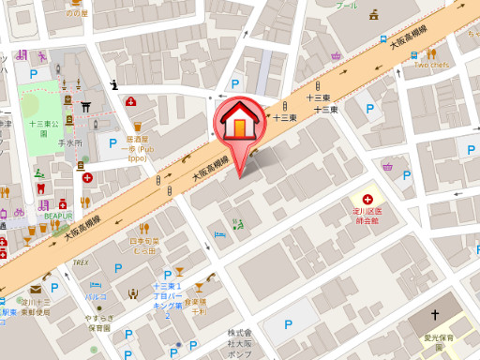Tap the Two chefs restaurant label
pyautogui.click(x=433, y=66)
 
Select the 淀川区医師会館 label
pyautogui.click(x=367, y=217)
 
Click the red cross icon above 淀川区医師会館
pyautogui.click(x=367, y=200)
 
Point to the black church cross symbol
pyautogui.click(x=435, y=315)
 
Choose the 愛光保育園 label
pyautogui.click(x=435, y=337)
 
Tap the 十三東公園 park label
pyautogui.click(x=43, y=127)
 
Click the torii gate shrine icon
pyautogui.click(x=84, y=105)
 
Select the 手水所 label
pyautogui.click(x=70, y=142)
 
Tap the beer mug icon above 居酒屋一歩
pyautogui.click(x=138, y=125)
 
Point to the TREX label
pyautogui.click(x=81, y=262)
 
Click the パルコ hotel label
pyautogui.click(x=96, y=297)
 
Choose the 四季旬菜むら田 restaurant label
pyautogui.click(x=142, y=247)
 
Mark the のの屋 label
pyautogui.click(x=77, y=13)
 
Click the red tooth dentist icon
pyautogui.click(x=41, y=205)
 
